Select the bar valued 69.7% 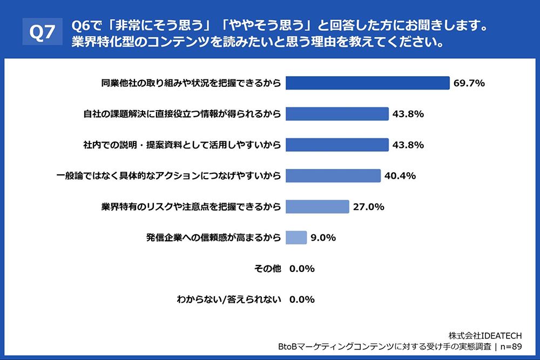(367, 83)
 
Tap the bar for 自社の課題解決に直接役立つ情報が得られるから (337, 114)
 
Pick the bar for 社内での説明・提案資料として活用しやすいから (337, 145)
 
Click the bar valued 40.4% (333, 175)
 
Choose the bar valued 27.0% (317, 207)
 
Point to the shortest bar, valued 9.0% (296, 237)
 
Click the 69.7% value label (469, 83)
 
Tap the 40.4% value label (400, 176)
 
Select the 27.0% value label (368, 207)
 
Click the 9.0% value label (323, 237)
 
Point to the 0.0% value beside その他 (302, 268)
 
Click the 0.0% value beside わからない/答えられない (302, 299)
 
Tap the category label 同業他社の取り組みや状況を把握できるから (191, 83)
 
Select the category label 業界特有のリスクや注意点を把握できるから (191, 207)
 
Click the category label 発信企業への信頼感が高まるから (213, 237)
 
